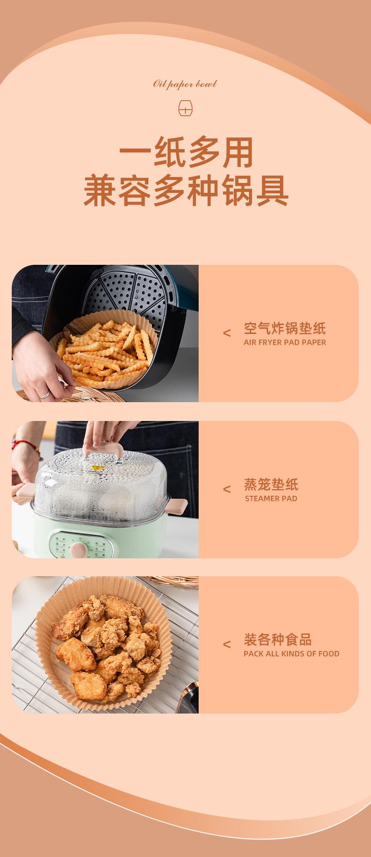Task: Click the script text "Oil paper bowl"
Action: point(185,84)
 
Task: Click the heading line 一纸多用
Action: point(185,153)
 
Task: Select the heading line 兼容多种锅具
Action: point(185,191)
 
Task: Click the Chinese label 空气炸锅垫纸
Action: point(285,328)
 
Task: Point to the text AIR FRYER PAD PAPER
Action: point(285,342)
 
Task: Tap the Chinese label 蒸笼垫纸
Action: point(271,484)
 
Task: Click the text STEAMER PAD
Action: point(271,499)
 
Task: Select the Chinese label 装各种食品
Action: point(278,640)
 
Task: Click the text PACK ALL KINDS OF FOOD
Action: point(291,654)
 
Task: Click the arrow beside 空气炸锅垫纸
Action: point(227,333)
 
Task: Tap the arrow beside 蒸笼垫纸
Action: point(227,489)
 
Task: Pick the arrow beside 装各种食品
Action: point(227,644)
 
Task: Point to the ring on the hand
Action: point(44,394)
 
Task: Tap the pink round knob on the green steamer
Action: point(76,548)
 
